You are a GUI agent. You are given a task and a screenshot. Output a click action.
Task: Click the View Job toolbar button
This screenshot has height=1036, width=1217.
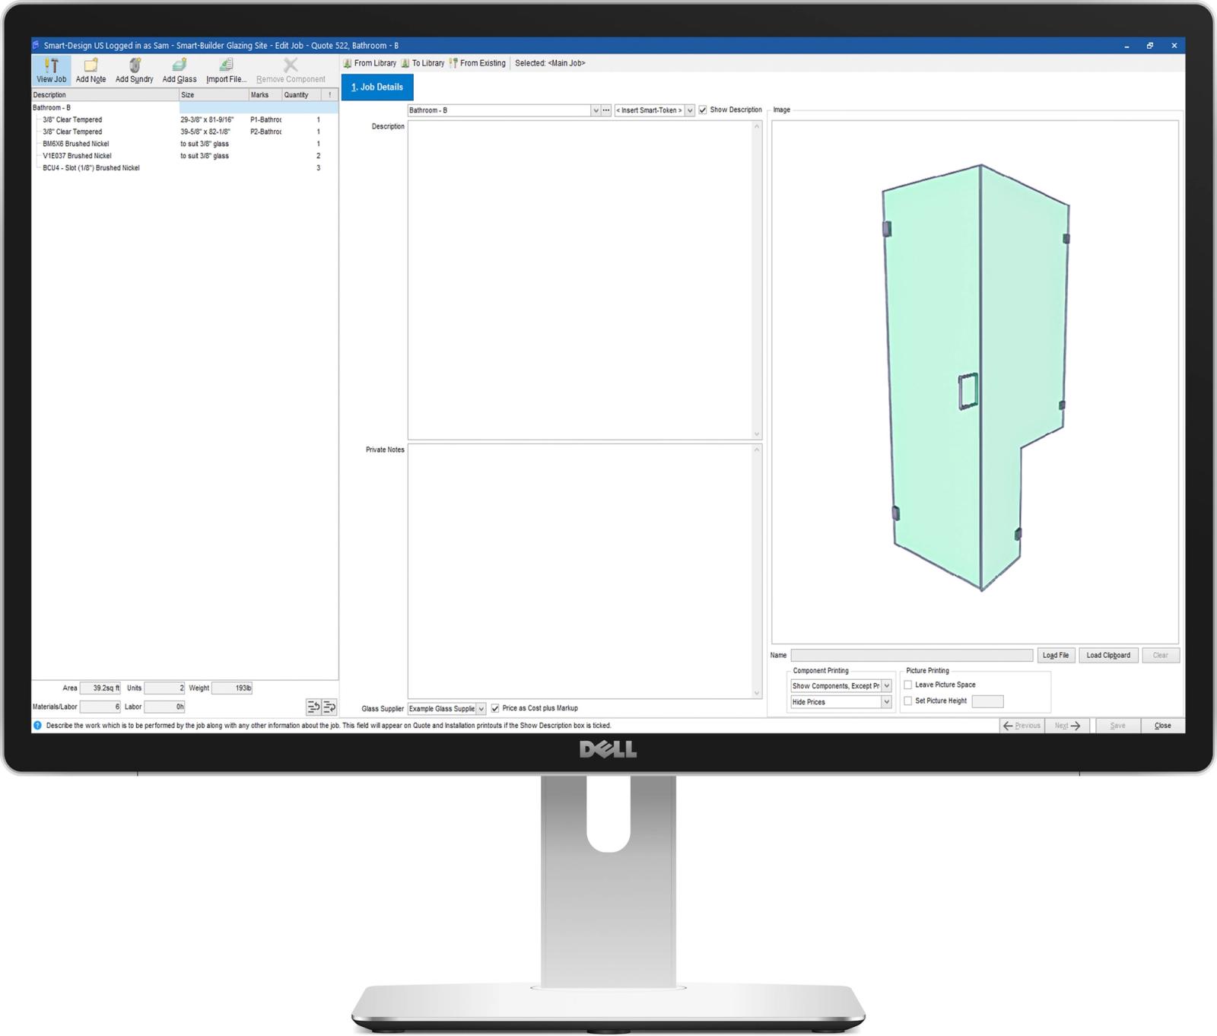pyautogui.click(x=51, y=70)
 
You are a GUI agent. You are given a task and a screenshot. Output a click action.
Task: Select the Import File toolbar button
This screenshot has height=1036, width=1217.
pyautogui.click(x=226, y=70)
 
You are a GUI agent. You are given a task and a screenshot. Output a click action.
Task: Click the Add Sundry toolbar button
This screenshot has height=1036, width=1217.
pyautogui.click(x=134, y=70)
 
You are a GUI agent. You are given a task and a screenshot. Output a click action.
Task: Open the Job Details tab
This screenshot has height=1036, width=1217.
pyautogui.click(x=377, y=87)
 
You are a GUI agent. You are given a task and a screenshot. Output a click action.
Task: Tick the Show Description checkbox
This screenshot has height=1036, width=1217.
pyautogui.click(x=703, y=110)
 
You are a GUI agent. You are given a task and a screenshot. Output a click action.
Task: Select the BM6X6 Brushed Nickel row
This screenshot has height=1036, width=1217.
pyautogui.click(x=76, y=144)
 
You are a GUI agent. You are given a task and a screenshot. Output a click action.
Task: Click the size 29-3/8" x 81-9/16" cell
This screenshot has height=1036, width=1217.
pyautogui.click(x=207, y=120)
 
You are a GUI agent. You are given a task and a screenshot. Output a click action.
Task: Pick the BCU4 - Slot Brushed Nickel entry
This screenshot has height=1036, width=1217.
pyautogui.click(x=91, y=168)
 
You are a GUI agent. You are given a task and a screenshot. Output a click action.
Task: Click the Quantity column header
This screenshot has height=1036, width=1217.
pyautogui.click(x=297, y=95)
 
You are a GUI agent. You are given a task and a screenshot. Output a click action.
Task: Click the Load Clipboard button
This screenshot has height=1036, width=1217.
pyautogui.click(x=1107, y=656)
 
